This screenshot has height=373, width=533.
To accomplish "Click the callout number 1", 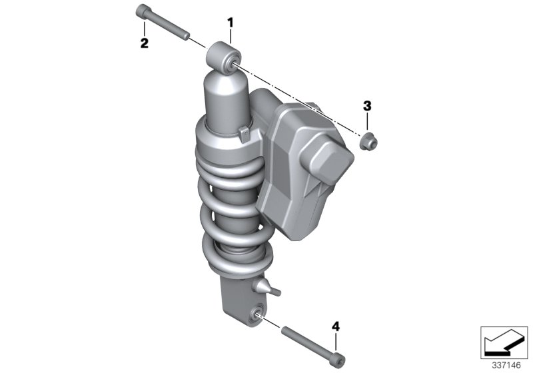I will coord(231,23).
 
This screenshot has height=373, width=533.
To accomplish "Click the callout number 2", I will coord(144,43).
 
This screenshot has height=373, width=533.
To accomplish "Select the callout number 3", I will coord(366,105).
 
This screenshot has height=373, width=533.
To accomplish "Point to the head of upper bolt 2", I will coord(143,11).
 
